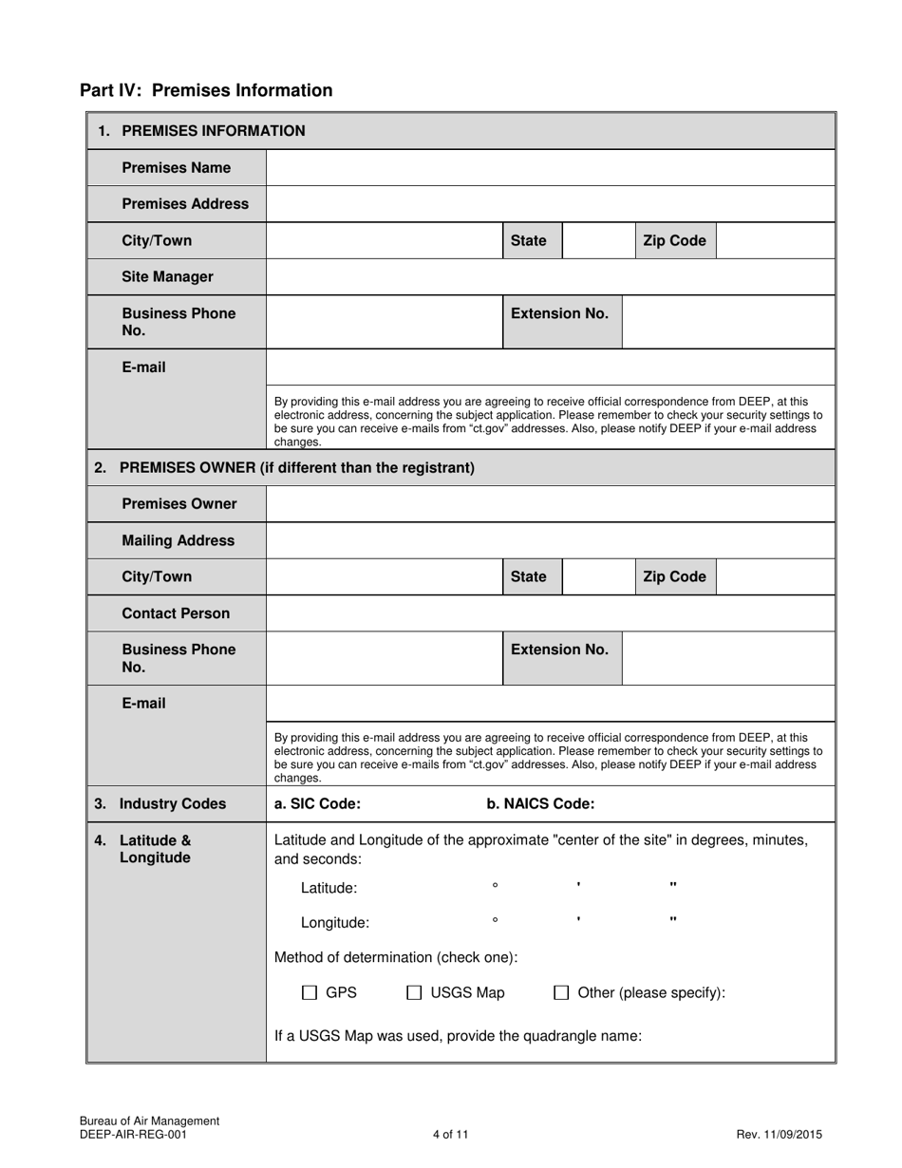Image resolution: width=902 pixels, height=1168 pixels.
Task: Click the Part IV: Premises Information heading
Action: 206,90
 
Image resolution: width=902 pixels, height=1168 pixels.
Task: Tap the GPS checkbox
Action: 310,993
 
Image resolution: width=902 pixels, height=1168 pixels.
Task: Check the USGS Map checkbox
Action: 414,993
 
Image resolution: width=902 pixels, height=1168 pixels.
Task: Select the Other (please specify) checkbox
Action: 561,993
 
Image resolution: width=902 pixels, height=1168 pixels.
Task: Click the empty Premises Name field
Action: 550,168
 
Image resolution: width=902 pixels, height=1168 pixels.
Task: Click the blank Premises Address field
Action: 550,204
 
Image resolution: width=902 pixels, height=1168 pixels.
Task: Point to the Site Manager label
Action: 167,277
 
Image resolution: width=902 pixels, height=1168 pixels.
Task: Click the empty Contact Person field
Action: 550,613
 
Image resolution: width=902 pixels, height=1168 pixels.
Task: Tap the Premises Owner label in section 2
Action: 179,504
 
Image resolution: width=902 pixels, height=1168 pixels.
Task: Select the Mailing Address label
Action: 178,540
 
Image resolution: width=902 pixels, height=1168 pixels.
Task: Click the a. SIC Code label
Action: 317,803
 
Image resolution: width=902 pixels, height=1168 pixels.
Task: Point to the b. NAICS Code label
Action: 540,803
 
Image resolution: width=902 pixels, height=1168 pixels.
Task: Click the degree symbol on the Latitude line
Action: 495,886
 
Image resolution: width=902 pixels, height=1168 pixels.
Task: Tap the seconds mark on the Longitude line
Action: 673,919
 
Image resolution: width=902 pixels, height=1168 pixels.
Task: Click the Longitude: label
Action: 335,922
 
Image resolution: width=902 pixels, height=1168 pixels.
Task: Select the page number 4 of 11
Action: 450,1134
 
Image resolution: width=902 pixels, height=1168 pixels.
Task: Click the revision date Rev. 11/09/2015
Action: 779,1134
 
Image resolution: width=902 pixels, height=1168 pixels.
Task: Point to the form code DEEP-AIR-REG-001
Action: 133,1134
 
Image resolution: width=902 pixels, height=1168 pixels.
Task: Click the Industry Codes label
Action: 172,803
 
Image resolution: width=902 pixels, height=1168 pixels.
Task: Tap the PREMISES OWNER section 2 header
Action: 296,468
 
